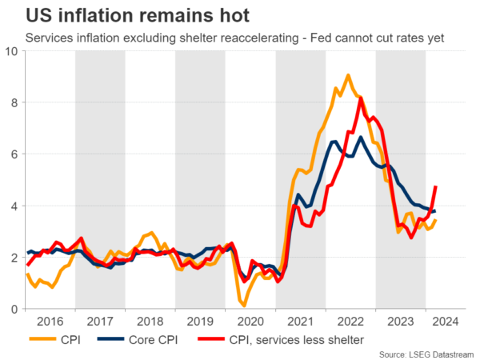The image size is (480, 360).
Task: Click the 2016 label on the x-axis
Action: [x=50, y=322]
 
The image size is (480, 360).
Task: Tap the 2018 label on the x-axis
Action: [x=150, y=322]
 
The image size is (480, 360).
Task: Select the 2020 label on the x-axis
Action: [x=250, y=322]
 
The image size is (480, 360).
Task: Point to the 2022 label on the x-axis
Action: [x=350, y=322]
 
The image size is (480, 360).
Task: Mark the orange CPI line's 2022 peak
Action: [x=348, y=75]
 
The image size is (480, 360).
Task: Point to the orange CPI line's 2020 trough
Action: [x=244, y=306]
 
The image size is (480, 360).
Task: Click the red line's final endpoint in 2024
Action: [x=436, y=187]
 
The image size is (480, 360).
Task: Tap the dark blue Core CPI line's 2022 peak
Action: [x=361, y=138]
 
